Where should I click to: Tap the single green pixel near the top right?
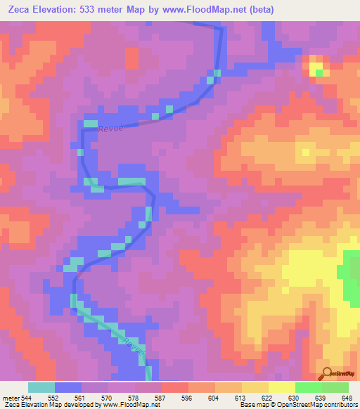[x=319, y=72]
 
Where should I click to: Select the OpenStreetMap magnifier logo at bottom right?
[x=336, y=374]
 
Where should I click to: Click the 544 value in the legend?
[x=26, y=397]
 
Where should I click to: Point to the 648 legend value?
[x=347, y=397]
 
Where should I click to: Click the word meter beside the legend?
[x=10, y=397]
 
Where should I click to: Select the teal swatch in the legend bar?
[x=41, y=387]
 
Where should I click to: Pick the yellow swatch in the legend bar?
[x=281, y=387]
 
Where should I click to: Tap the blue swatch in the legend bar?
[x=68, y=387]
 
